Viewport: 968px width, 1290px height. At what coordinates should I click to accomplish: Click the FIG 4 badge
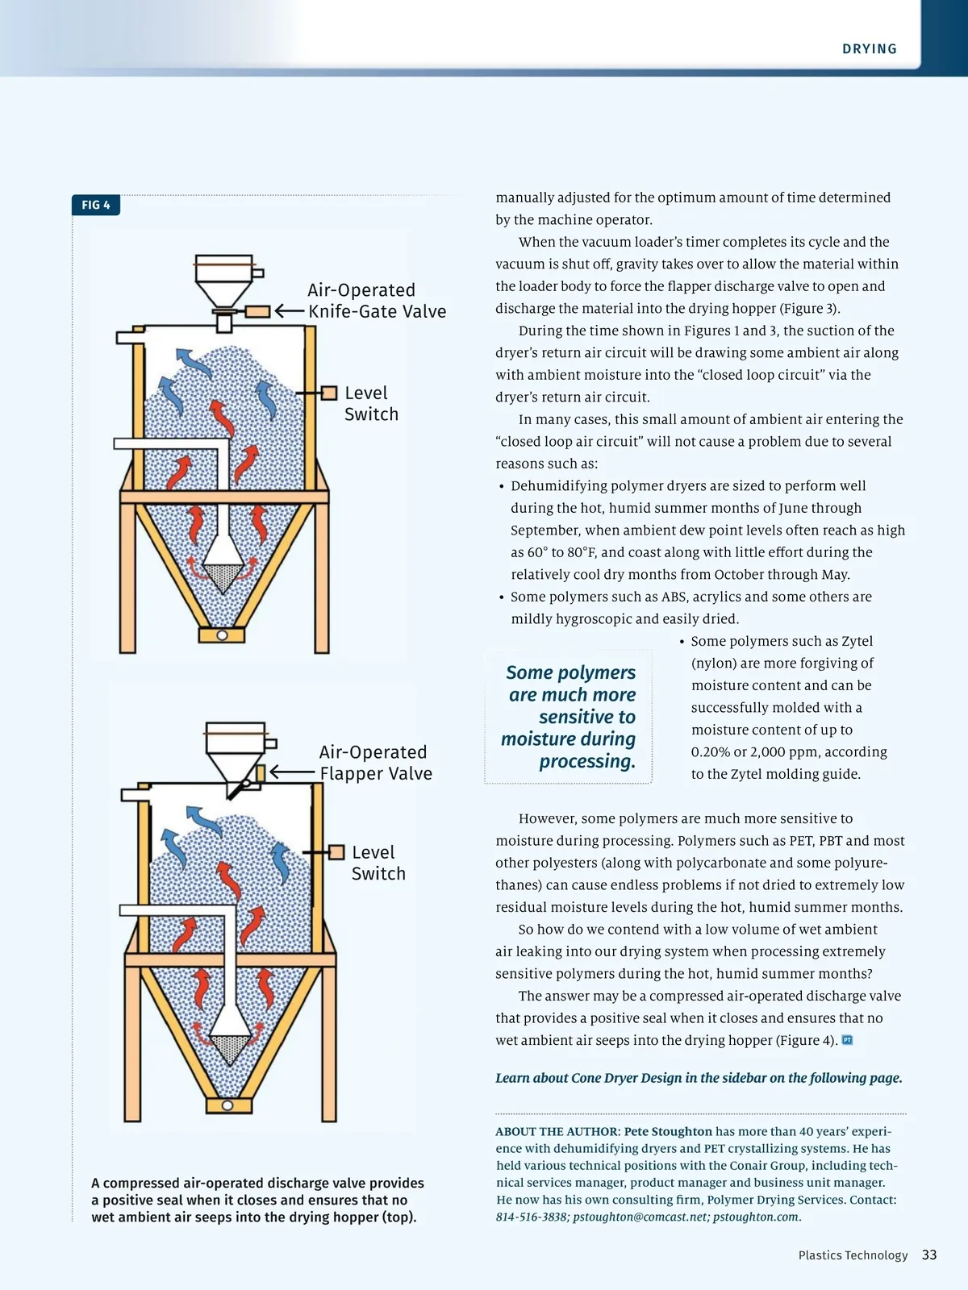coord(96,206)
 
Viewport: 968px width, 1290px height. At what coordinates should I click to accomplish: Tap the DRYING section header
coord(869,49)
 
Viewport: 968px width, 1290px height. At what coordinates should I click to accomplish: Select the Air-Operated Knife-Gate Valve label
coord(376,301)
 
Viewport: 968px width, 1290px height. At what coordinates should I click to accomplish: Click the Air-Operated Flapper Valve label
coord(375,763)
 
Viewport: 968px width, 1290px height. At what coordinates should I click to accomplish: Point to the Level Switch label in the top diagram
coord(371,403)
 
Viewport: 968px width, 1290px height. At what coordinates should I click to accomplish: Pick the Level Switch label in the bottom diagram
coord(378,863)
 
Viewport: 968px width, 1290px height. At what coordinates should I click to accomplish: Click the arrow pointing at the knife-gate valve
coord(288,311)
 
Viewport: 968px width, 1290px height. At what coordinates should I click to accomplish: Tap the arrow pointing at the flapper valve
coord(291,772)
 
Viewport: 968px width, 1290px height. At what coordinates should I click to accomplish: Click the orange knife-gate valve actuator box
coord(257,311)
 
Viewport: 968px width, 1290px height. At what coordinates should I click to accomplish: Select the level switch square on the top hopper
coord(329,393)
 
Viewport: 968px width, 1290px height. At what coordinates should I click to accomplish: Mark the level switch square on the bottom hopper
coord(336,852)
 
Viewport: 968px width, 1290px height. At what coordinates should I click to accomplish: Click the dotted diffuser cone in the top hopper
coord(223,575)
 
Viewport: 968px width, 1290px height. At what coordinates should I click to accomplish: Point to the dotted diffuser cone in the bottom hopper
coord(230,1049)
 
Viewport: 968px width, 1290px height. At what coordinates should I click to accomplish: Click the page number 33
coord(929,1255)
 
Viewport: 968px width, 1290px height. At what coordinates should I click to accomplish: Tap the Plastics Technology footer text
coord(853,1255)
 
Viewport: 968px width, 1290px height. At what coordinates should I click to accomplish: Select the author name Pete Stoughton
coord(668,1132)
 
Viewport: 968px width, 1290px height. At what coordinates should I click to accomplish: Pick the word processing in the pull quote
coord(587,761)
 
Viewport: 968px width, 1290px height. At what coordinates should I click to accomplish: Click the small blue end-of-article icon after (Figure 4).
coord(847,1040)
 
